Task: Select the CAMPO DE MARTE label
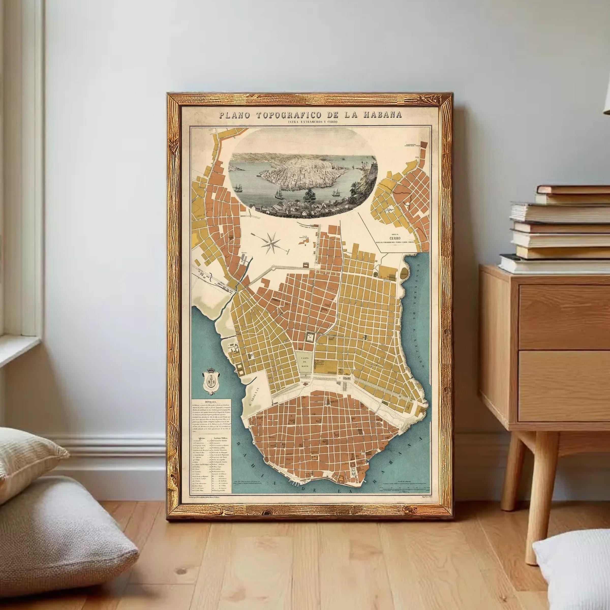tap(304, 362)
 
